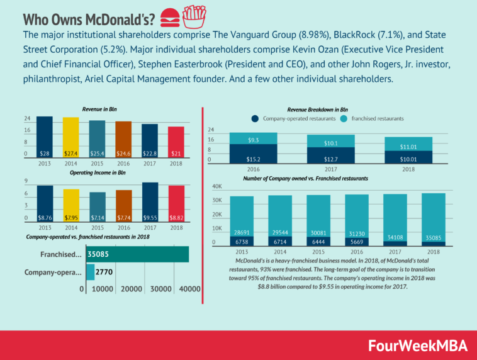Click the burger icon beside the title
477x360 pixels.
[x=169, y=14]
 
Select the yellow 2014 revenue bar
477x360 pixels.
[x=72, y=137]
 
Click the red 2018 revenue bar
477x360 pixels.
[x=176, y=142]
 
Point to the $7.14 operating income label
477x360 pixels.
[x=98, y=216]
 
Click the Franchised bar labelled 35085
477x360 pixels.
[x=138, y=254]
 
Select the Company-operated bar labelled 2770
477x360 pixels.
[x=90, y=273]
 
